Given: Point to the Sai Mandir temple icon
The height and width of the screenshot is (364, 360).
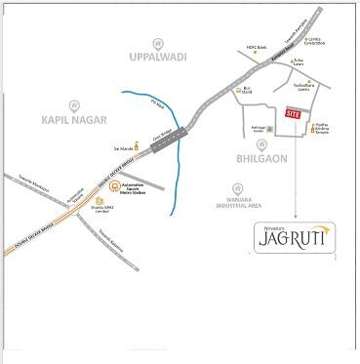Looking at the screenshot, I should click(136, 148).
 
